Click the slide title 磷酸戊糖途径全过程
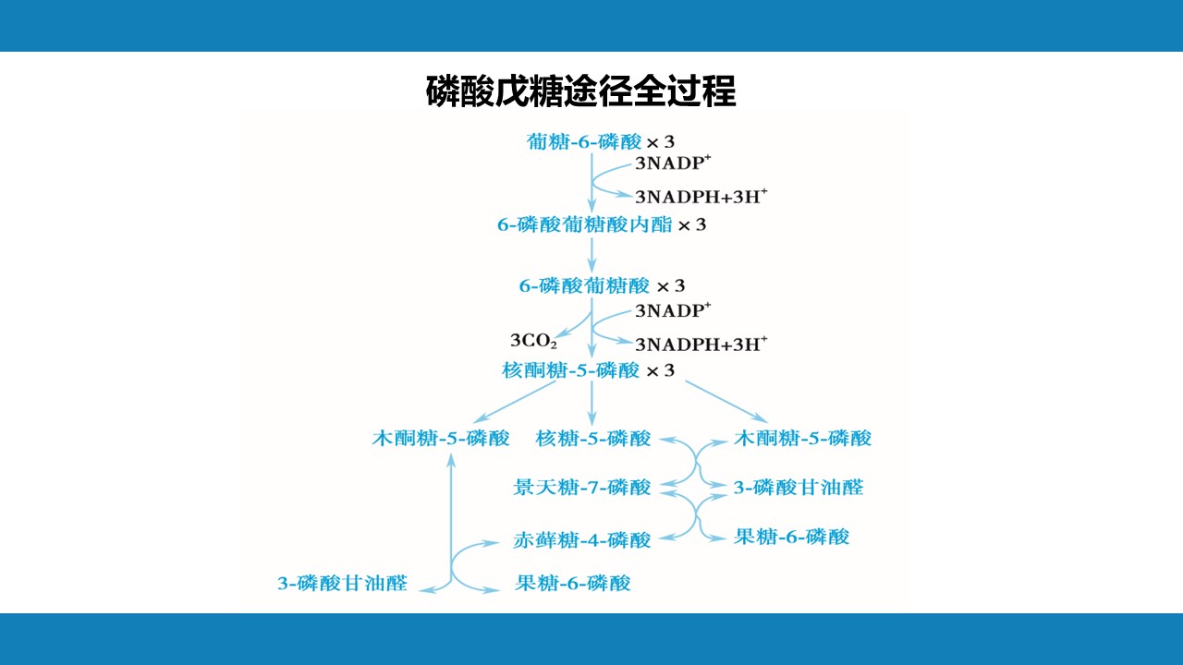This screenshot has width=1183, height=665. click(x=581, y=91)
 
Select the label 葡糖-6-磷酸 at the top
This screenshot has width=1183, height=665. click(x=584, y=141)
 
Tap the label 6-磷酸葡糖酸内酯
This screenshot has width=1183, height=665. click(x=585, y=224)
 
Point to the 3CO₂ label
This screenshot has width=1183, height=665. click(x=533, y=341)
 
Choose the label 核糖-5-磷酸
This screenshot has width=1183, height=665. click(x=593, y=438)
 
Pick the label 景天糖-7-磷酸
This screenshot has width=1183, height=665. click(x=582, y=487)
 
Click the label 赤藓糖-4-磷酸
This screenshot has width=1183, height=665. click(x=582, y=540)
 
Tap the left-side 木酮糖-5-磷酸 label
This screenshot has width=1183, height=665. click(x=441, y=438)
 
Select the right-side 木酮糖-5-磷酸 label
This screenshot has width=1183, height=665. click(x=803, y=438)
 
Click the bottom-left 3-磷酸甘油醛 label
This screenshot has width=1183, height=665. click(x=343, y=583)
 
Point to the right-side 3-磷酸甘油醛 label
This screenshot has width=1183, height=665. click(x=799, y=487)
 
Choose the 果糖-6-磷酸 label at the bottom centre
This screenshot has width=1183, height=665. click(x=573, y=583)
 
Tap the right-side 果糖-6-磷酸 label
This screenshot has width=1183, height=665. click(x=792, y=537)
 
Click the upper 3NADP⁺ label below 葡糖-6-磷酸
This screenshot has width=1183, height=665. click(x=673, y=163)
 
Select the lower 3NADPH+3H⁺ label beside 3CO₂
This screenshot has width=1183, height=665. click(x=701, y=345)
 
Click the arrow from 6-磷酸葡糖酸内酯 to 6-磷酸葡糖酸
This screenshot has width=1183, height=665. click(x=591, y=255)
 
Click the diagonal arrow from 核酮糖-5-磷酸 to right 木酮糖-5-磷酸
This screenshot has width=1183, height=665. click(x=726, y=402)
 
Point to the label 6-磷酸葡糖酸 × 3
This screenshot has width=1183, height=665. click(x=602, y=286)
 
